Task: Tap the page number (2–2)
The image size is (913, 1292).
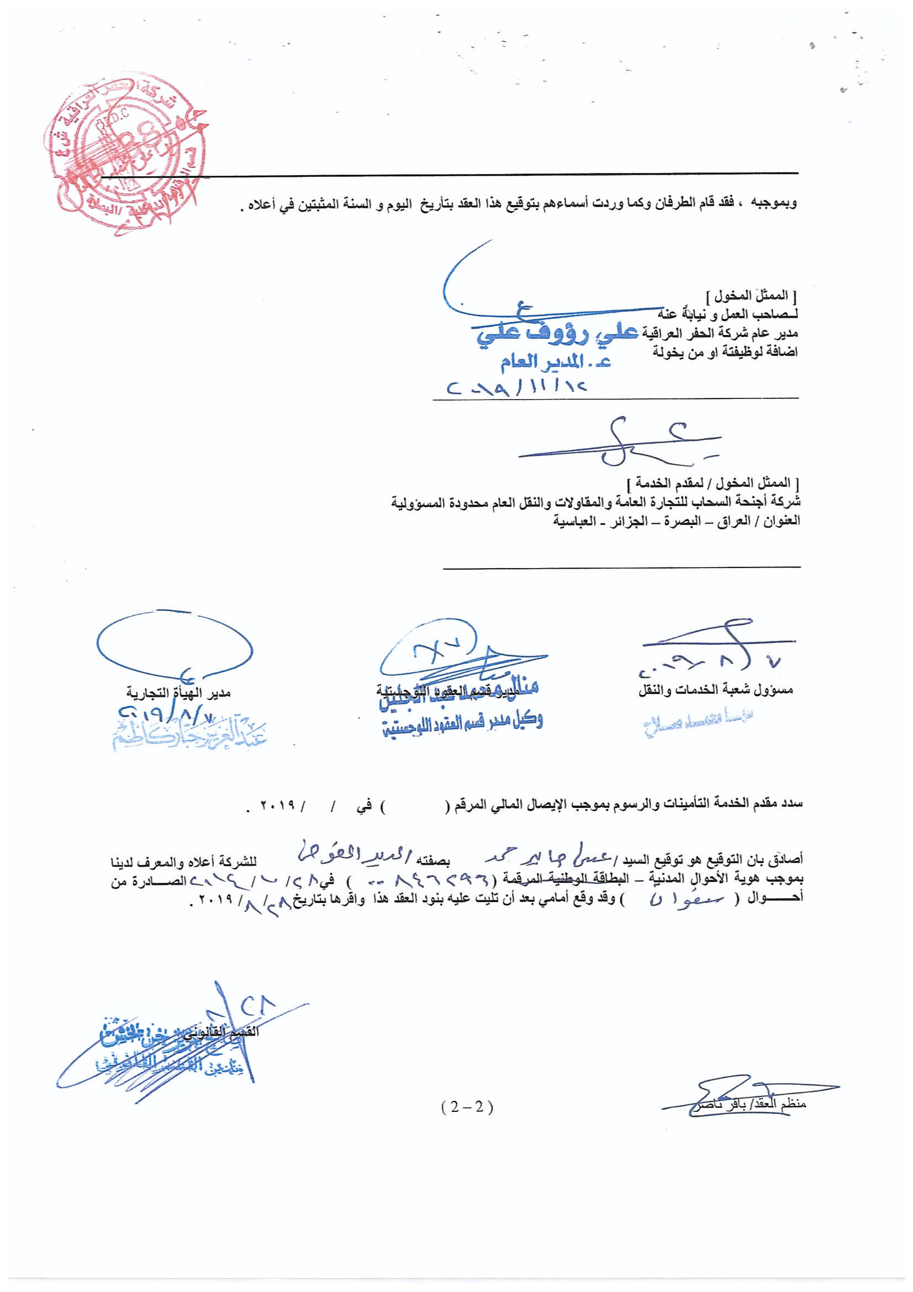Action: coord(467,1106)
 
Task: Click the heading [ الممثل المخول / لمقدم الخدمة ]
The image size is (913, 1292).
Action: coord(713,483)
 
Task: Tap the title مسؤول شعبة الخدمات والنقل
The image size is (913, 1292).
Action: coord(716,690)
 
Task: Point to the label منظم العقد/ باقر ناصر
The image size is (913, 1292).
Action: coord(748,1104)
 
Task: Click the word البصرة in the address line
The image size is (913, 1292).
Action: coord(684,521)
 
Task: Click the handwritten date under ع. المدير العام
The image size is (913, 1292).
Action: coord(516,388)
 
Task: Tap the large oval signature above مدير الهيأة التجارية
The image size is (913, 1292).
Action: coord(175,644)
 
